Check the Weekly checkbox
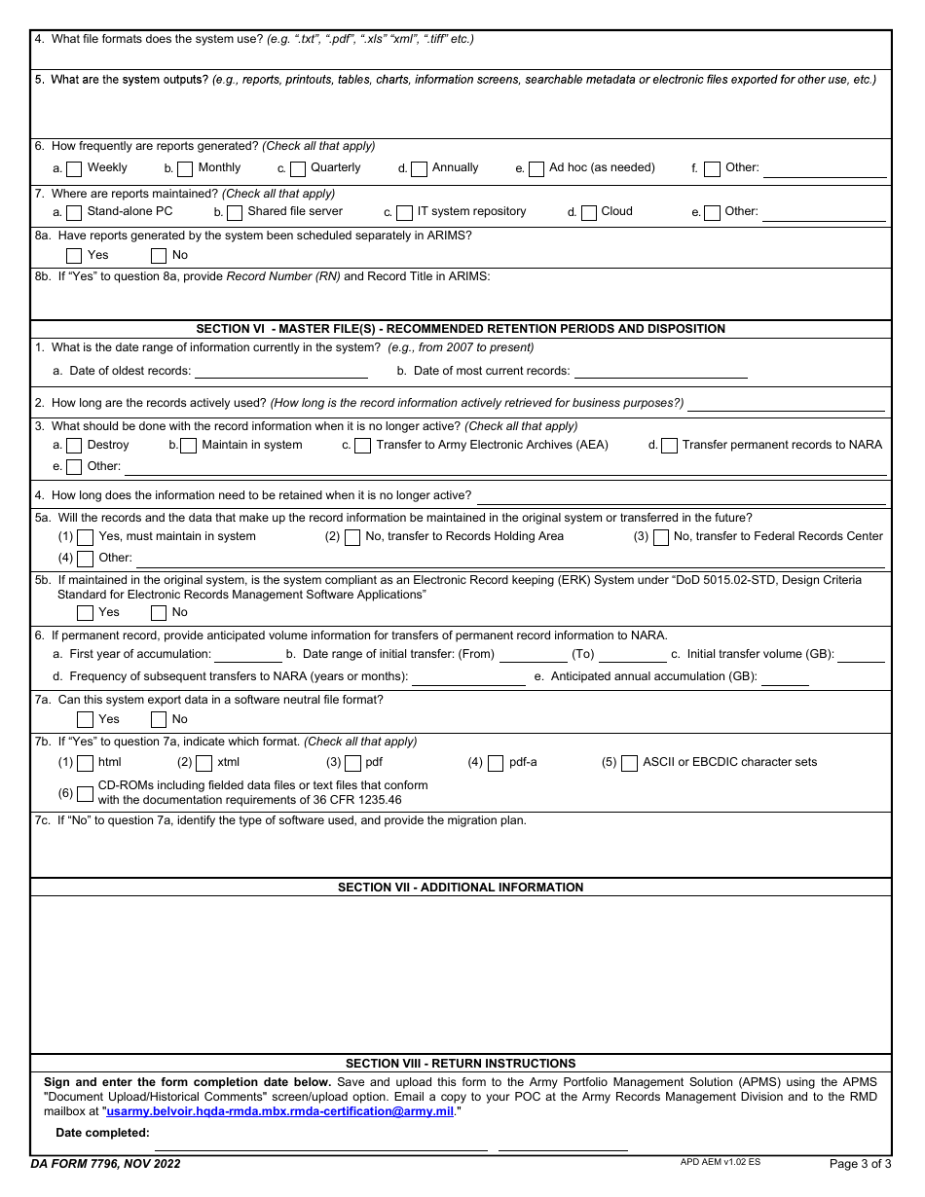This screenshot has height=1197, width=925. (74, 169)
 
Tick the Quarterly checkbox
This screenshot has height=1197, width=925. (298, 169)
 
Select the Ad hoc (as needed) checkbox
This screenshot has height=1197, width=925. (536, 169)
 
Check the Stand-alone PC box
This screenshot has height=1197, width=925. (74, 213)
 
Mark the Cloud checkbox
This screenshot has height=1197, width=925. (589, 213)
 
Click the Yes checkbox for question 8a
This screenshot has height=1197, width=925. (74, 256)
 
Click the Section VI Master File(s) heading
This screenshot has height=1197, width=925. (461, 329)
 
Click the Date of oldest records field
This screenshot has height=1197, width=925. (281, 371)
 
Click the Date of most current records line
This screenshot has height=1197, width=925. (660, 371)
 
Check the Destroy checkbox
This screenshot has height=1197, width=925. (74, 446)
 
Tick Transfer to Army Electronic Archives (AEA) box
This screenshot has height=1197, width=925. (362, 446)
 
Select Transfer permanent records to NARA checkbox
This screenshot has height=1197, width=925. (669, 446)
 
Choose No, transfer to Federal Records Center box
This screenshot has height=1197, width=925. (661, 537)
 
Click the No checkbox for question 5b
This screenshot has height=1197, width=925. (159, 613)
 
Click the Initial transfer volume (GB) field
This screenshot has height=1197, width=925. (861, 655)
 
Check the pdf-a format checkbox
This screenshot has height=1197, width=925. (496, 763)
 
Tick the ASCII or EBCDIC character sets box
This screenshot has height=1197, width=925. (629, 763)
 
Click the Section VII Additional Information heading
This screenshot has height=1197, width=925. (461, 888)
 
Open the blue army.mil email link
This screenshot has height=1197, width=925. (279, 1111)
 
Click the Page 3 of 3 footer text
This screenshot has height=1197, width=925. (860, 1164)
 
